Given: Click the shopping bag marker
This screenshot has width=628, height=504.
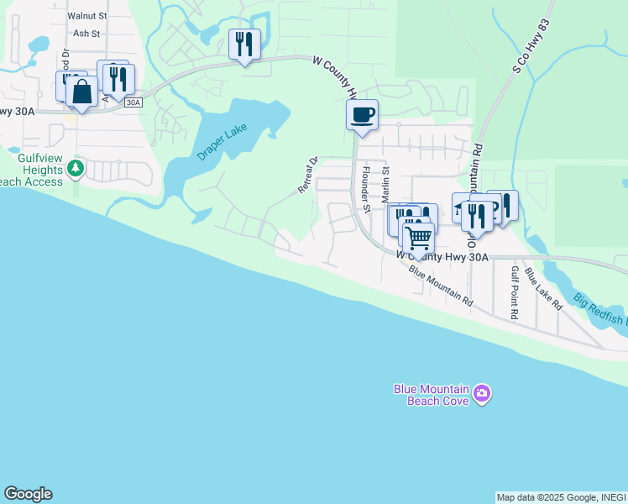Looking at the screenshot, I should click(81, 92).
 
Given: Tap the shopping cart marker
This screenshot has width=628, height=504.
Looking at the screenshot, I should click(418, 238).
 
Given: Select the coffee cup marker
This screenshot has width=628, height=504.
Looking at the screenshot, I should click(362, 114).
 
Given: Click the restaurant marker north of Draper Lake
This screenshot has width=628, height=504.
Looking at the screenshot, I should click(244, 44).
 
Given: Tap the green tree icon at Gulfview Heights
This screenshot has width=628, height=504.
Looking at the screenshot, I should click(76, 168).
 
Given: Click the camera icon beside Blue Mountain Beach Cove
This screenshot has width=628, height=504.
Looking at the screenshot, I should click(482, 393).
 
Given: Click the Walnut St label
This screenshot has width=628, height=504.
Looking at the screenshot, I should click(87, 15).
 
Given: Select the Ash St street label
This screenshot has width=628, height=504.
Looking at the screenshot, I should click(86, 34).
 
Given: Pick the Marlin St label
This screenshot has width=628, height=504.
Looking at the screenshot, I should click(386, 184).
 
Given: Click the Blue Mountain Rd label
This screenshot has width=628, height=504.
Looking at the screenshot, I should click(441, 286).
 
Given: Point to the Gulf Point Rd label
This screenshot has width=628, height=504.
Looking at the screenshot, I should click(515, 293).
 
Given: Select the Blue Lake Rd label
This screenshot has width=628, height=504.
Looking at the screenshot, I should click(544, 289).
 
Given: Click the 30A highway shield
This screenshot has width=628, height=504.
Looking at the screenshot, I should click(133, 102).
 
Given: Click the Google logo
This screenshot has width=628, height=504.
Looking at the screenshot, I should click(28, 494).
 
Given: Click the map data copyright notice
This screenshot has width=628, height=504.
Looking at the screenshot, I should click(561, 497).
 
